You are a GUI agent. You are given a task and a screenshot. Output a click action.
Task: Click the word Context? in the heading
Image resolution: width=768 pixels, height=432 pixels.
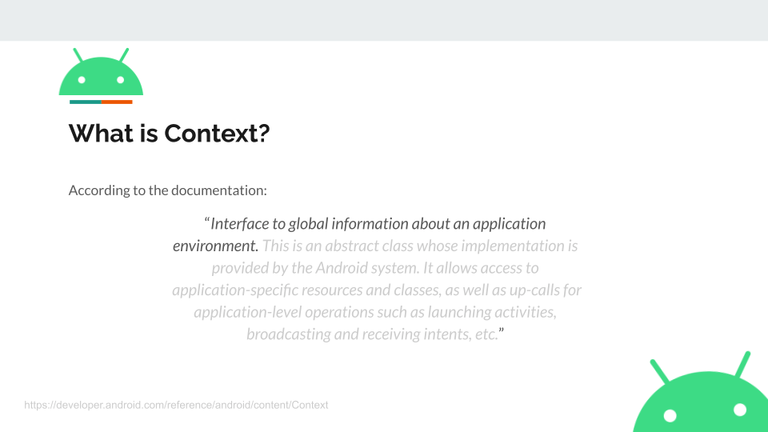[x=217, y=134]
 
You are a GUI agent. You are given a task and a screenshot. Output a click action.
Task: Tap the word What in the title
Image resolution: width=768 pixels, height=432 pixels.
[x=101, y=134]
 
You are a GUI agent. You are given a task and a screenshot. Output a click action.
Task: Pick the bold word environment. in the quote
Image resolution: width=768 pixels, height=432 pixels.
[x=215, y=246]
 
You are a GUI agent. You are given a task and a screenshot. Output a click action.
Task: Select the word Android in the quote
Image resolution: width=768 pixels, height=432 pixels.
[x=342, y=268]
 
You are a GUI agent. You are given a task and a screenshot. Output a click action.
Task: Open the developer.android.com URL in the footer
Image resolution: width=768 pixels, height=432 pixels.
[x=176, y=405]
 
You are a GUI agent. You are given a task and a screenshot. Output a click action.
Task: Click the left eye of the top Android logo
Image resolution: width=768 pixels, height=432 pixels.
[x=82, y=80]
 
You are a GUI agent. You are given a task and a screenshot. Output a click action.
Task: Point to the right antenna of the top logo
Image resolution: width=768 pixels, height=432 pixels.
[x=124, y=55]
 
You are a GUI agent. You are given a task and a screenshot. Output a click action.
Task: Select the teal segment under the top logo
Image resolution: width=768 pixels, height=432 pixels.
[x=86, y=102]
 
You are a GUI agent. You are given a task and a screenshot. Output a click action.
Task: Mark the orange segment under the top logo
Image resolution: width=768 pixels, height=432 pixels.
[x=117, y=102]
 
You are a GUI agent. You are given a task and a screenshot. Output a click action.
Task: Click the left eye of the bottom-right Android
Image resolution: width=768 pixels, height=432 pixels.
[x=670, y=416]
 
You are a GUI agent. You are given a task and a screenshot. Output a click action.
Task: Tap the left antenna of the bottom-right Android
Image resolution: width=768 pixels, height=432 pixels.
[x=659, y=371]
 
